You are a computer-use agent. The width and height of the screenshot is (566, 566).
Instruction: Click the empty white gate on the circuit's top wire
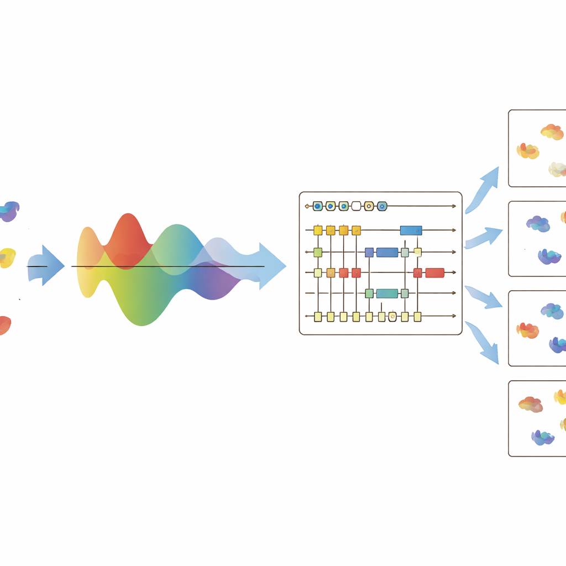click(x=356, y=206)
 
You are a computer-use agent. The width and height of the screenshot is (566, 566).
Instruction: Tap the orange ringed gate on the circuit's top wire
click(x=369, y=206)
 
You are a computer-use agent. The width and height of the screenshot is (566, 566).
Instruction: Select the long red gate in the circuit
click(x=434, y=272)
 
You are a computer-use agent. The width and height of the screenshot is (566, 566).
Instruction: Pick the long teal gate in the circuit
click(x=387, y=294)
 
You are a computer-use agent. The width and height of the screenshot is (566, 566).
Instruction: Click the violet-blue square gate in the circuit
click(x=369, y=253)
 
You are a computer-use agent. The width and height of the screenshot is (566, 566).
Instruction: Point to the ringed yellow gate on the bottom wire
click(x=392, y=317)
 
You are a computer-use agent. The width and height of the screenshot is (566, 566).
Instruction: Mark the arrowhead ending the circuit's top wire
click(x=454, y=206)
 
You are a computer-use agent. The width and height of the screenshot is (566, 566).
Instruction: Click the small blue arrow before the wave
click(x=46, y=265)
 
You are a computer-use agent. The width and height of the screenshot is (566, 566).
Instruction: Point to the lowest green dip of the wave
click(x=142, y=315)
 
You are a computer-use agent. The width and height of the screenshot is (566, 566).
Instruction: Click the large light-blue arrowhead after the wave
click(x=271, y=266)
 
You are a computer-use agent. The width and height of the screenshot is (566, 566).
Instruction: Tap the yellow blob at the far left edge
click(x=7, y=258)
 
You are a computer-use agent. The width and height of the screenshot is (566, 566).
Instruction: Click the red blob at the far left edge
click(x=4, y=325)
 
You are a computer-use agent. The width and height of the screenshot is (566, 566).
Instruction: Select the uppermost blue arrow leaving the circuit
click(x=484, y=188)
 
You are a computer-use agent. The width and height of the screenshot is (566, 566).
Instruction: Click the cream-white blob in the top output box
click(x=557, y=169)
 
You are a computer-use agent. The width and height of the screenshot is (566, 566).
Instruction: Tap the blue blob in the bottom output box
click(x=543, y=438)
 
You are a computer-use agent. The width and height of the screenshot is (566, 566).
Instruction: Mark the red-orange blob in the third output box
click(x=527, y=331)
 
